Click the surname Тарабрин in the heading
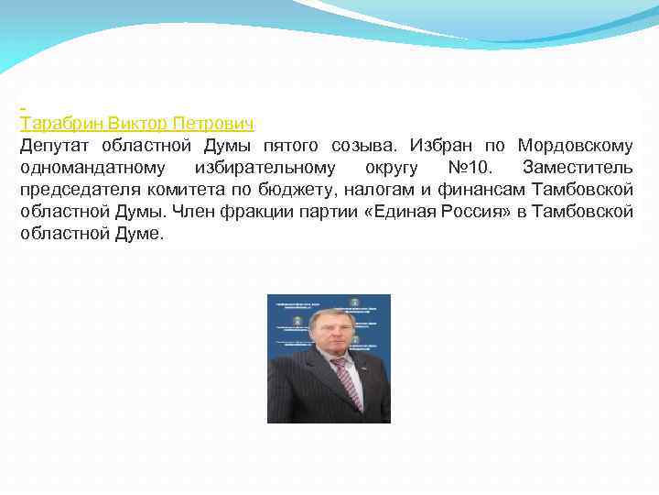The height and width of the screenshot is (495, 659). click(x=60, y=123)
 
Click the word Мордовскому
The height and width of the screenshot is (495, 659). click(x=575, y=146)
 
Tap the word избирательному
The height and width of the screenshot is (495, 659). click(x=265, y=168)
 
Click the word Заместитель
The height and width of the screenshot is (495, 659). click(x=577, y=168)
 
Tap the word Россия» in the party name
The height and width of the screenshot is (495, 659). click(x=447, y=212)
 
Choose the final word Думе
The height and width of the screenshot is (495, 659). click(x=140, y=234)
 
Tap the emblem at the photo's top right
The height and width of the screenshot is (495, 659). click(x=355, y=302)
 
